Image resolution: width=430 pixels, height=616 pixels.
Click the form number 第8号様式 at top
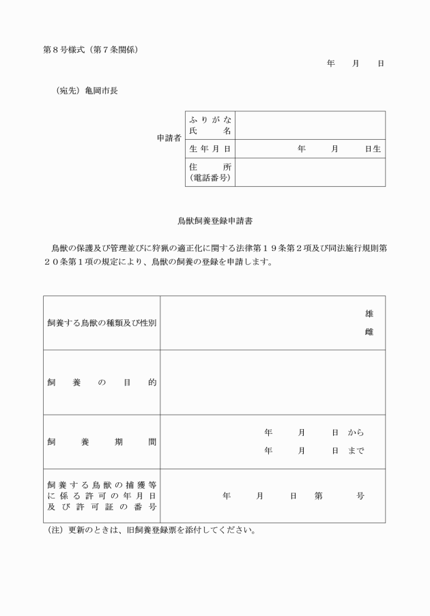click(x=64, y=50)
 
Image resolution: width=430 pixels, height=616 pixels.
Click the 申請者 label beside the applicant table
click(x=169, y=138)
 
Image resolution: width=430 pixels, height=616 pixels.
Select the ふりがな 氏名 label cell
click(x=210, y=126)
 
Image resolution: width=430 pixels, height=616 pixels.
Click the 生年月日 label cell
click(x=210, y=148)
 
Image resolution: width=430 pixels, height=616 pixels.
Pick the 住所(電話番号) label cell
click(x=210, y=172)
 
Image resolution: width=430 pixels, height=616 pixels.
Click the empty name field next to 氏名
click(x=310, y=126)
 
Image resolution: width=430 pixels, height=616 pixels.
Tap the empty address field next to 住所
click(x=310, y=172)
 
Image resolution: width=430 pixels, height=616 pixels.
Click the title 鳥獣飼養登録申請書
click(x=215, y=221)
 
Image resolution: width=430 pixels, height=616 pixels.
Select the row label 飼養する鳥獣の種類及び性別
click(x=101, y=323)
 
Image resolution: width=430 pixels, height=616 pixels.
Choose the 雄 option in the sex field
click(x=369, y=314)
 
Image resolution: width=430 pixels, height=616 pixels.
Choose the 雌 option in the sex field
click(x=369, y=332)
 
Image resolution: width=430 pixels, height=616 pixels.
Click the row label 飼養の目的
click(x=101, y=383)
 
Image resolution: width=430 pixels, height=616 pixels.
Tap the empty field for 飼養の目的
click(x=272, y=382)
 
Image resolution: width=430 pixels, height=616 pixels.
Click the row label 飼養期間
click(x=101, y=442)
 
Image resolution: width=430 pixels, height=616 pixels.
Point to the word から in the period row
click(x=356, y=432)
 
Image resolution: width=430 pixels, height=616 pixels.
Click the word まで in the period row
click(x=356, y=450)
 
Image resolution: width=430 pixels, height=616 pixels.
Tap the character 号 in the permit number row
click(x=360, y=496)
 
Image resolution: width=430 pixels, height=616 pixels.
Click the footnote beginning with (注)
click(x=149, y=530)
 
